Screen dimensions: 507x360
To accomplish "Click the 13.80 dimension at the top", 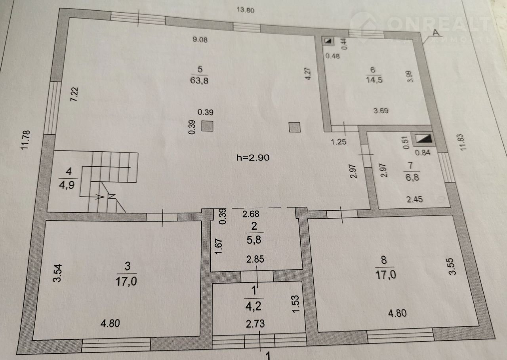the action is tap(245, 10).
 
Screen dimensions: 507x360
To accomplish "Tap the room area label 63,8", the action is tap(199, 80).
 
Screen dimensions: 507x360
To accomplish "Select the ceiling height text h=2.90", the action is tap(253, 158).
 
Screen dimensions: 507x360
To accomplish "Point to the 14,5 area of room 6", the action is tap(374, 80).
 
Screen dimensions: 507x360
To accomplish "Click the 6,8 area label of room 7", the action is tap(412, 177).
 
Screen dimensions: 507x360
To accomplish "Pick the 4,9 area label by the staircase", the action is tap(67, 185).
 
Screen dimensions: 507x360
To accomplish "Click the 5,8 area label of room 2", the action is tap(254, 240).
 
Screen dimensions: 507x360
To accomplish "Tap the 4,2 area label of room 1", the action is tap(253, 306).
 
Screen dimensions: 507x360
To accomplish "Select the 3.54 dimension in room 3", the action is tap(57, 273).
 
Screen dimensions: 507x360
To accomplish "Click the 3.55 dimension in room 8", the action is tap(452, 266).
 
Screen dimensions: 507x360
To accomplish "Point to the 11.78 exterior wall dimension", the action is tap(25, 140).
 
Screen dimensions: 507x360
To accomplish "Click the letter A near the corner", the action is tap(436, 32).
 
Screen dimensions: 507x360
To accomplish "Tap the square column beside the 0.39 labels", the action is tap(207, 126).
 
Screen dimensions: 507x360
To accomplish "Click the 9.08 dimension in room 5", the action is tap(200, 40).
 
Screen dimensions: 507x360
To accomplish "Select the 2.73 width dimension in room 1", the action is tap(255, 324).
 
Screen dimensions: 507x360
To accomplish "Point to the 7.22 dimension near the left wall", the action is tap(74, 94).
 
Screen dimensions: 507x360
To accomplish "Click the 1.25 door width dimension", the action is tap(338, 142).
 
